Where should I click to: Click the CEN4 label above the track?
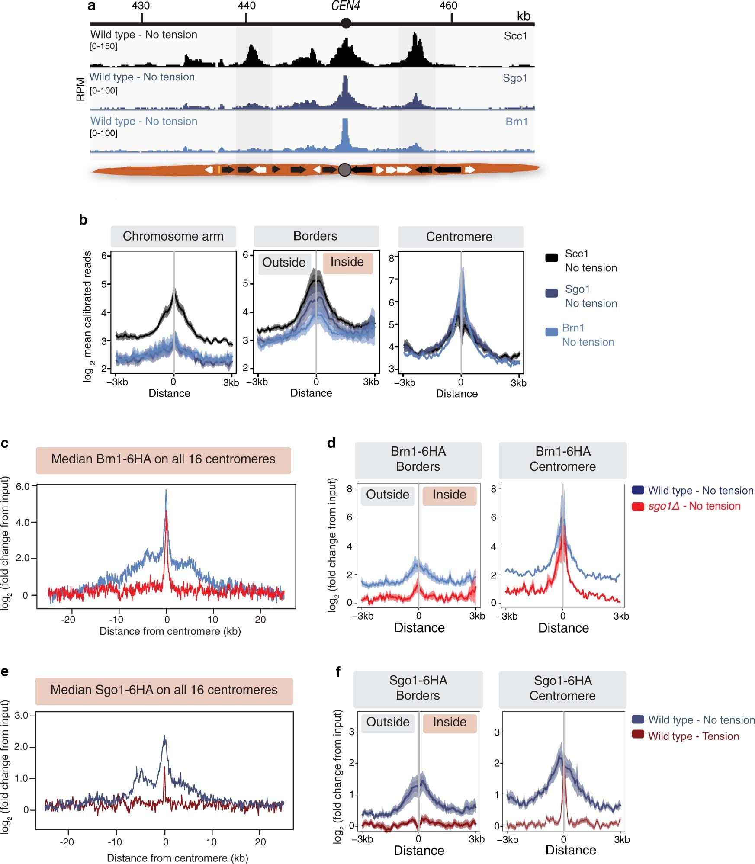pyautogui.click(x=345, y=6)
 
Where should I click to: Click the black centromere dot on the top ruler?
pyautogui.click(x=345, y=23)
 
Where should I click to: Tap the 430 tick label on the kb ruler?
pyautogui.click(x=141, y=6)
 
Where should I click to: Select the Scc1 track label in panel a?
pyautogui.click(x=515, y=36)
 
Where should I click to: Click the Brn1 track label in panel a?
pyautogui.click(x=516, y=122)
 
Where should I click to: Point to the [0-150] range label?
pyautogui.click(x=103, y=46)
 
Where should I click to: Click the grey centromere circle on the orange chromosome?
pyautogui.click(x=344, y=170)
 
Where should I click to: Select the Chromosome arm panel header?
pyautogui.click(x=173, y=236)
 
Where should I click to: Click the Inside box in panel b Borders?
pyautogui.click(x=347, y=262)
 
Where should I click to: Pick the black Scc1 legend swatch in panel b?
pyautogui.click(x=551, y=258)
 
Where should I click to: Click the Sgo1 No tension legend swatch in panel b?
pyautogui.click(x=551, y=293)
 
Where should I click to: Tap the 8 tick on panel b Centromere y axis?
pyautogui.click(x=391, y=258)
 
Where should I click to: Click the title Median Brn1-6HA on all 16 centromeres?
pyautogui.click(x=163, y=459)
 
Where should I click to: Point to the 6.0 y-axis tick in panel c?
pyautogui.click(x=22, y=486)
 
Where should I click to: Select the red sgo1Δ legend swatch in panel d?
pyautogui.click(x=638, y=507)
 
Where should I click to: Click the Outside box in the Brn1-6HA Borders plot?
pyautogui.click(x=387, y=495)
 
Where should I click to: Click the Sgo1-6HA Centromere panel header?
pyautogui.click(x=562, y=688)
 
